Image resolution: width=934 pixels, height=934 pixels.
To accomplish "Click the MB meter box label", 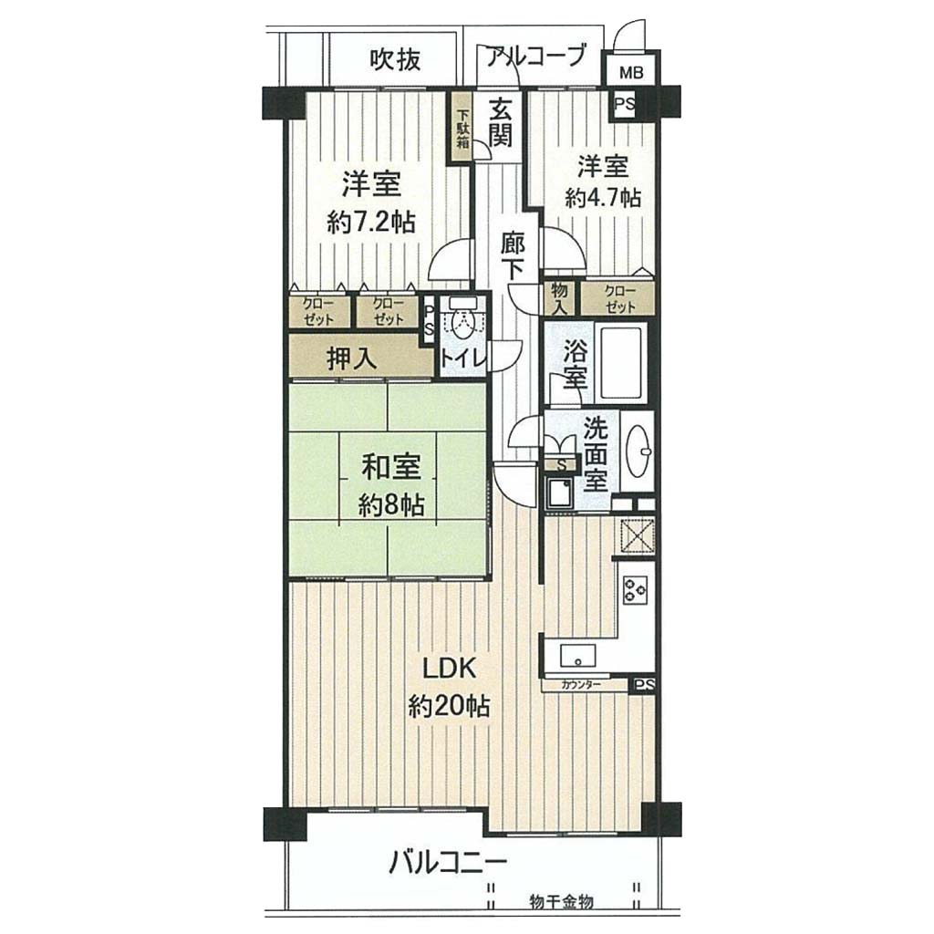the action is (x=631, y=73).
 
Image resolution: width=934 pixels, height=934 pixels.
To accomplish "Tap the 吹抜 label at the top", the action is (x=396, y=59).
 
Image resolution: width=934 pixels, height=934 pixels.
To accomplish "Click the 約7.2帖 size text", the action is (x=370, y=223).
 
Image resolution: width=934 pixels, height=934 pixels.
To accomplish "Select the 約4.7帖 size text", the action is (x=603, y=197).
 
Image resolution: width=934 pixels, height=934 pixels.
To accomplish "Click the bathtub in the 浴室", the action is (x=620, y=362).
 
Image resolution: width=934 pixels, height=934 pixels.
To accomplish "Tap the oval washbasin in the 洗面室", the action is (x=639, y=451).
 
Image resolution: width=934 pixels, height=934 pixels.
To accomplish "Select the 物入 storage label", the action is (x=559, y=298).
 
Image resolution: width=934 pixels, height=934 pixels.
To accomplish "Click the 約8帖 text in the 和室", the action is (x=391, y=505).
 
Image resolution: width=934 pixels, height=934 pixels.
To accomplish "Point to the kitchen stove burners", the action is (x=636, y=590).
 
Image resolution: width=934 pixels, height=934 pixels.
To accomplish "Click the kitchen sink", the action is (x=577, y=658).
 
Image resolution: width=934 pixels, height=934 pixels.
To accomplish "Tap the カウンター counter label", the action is (x=580, y=685).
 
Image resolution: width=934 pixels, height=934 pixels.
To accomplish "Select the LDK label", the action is (x=449, y=669).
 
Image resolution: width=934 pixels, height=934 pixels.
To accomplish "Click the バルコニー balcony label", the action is (x=449, y=862).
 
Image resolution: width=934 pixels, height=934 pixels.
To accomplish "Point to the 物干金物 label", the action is (x=562, y=902).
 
